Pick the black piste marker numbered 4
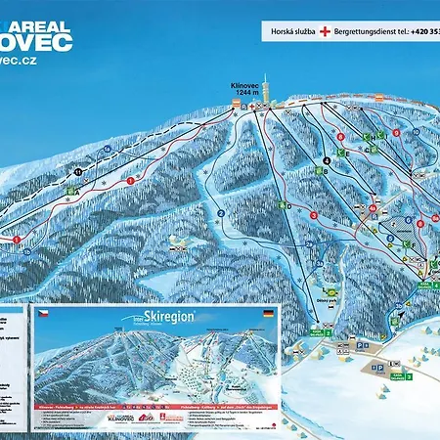[x=327, y=159]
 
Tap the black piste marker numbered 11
[x=77, y=173]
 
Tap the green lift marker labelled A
[x=74, y=192]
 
